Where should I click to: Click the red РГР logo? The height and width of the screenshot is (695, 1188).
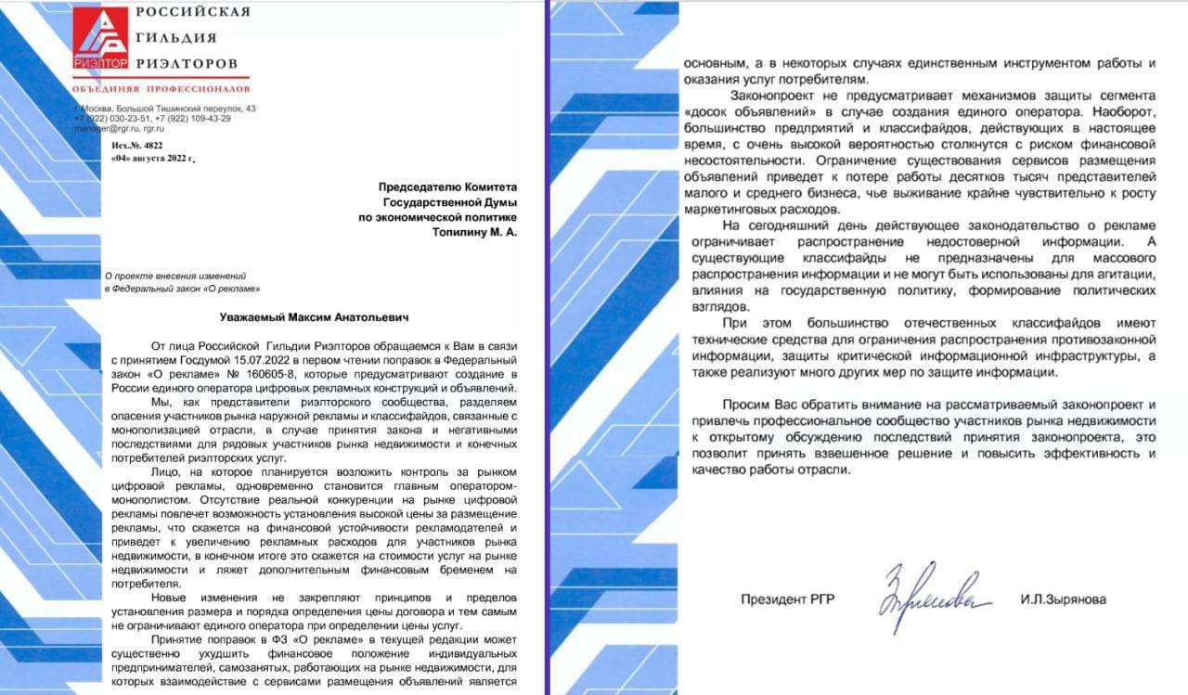click(100, 38)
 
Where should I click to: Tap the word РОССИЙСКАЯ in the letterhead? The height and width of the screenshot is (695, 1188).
click(193, 12)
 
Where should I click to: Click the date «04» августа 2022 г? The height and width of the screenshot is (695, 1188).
click(152, 159)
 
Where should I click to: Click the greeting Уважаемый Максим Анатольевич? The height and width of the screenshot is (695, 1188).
click(311, 317)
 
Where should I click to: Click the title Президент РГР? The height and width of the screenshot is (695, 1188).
click(787, 599)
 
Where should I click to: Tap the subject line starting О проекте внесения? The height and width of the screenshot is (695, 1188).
click(174, 276)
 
